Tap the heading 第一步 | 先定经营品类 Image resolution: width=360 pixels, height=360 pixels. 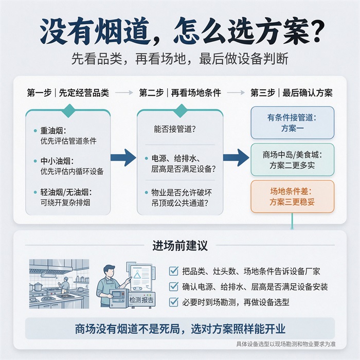tap(68, 93)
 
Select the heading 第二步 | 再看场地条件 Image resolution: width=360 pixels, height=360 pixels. tap(180, 93)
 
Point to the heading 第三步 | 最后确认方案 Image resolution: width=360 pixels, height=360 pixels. tap(292, 93)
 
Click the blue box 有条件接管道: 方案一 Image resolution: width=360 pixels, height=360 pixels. tap(292, 123)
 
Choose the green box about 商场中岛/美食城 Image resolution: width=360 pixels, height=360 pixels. tap(292, 160)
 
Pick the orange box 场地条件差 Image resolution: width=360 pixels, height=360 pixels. tap(292, 197)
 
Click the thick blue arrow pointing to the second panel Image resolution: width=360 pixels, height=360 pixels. tap(123, 157)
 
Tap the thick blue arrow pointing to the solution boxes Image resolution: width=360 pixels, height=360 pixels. tap(236, 157)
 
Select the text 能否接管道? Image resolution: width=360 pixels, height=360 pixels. tap(175, 129)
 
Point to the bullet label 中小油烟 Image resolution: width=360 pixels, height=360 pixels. tap(57, 161)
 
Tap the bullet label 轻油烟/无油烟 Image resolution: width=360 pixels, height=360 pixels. tap(66, 192)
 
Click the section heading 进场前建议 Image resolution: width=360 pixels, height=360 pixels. tap(180, 245)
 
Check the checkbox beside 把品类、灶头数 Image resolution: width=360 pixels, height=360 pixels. tap(174, 271)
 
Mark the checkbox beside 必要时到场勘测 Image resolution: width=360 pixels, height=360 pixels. tap(174, 302)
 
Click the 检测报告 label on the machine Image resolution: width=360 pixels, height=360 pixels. tap(141, 300)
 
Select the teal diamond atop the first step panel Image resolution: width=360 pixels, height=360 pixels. tap(69, 111)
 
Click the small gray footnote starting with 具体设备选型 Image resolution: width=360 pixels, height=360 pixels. tap(286, 344)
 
